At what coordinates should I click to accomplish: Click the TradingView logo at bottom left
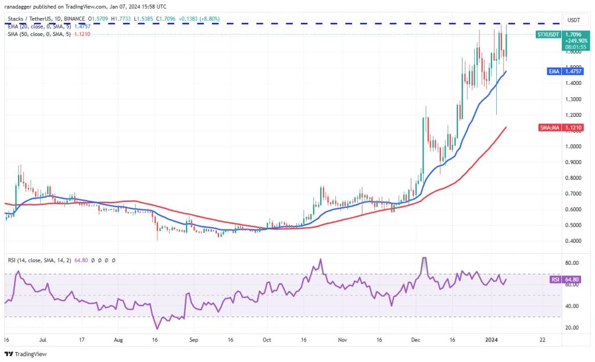point(26,354)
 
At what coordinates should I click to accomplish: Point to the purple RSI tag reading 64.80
point(554,280)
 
